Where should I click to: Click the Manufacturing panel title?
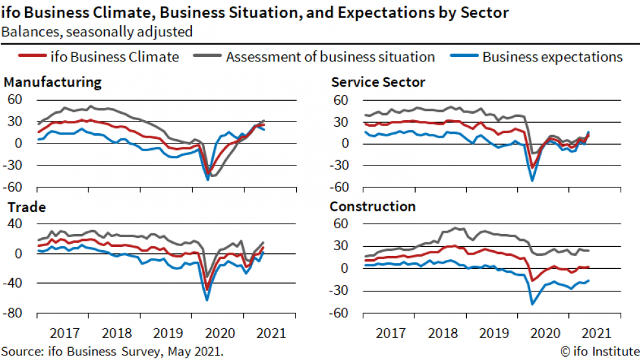pyautogui.click(x=52, y=83)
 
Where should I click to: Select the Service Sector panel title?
pyautogui.click(x=378, y=83)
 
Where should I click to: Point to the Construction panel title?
pyautogui.click(x=372, y=207)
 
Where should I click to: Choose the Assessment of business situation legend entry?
pyautogui.click(x=330, y=57)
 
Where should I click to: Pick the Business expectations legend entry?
pyautogui.click(x=551, y=57)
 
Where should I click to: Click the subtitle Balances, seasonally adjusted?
pyautogui.click(x=97, y=31)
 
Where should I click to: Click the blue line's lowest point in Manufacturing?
pyautogui.click(x=208, y=180)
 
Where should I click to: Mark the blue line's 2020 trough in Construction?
pyautogui.click(x=533, y=304)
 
